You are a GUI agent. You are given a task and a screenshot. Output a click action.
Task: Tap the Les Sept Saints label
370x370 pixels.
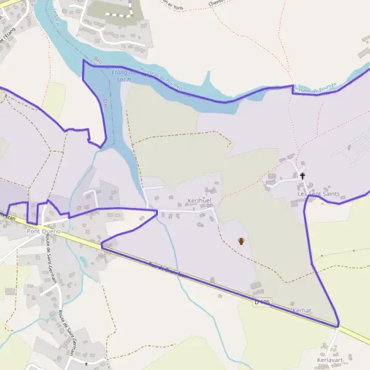319,194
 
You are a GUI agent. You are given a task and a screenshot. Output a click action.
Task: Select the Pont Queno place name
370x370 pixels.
43,231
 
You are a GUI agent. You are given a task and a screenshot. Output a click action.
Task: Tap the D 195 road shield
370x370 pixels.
263,302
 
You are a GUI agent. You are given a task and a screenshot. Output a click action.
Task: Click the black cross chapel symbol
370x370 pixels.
302,176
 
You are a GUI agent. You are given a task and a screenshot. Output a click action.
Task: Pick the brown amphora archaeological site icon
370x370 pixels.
240,241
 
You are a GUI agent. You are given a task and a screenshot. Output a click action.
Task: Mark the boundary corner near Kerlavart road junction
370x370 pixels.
339,325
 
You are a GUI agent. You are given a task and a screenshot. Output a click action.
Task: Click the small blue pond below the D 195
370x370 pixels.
83,261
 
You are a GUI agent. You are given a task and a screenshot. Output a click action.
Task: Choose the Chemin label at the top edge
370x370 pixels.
216,3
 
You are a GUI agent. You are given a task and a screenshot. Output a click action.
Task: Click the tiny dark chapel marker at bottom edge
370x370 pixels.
86,364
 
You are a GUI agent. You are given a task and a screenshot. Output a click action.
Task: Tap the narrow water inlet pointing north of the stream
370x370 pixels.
209,78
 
